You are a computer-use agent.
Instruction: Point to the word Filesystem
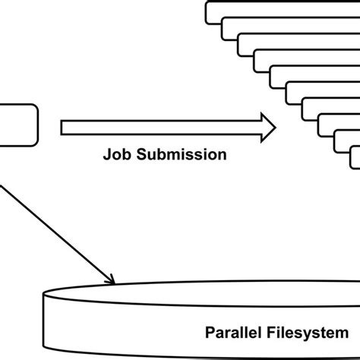pyautogui.click(x=307, y=332)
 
